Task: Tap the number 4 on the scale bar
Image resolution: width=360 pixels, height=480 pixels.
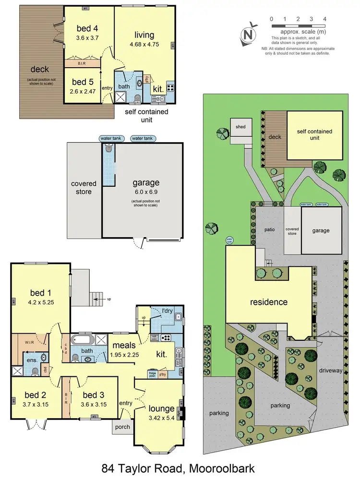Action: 325,19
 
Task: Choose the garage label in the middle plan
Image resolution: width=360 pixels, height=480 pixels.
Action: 146,183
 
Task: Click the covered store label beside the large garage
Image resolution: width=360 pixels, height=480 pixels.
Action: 84,188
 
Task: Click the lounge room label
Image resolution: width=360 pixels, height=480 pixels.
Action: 161,408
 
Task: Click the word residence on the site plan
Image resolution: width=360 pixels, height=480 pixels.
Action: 268,302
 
